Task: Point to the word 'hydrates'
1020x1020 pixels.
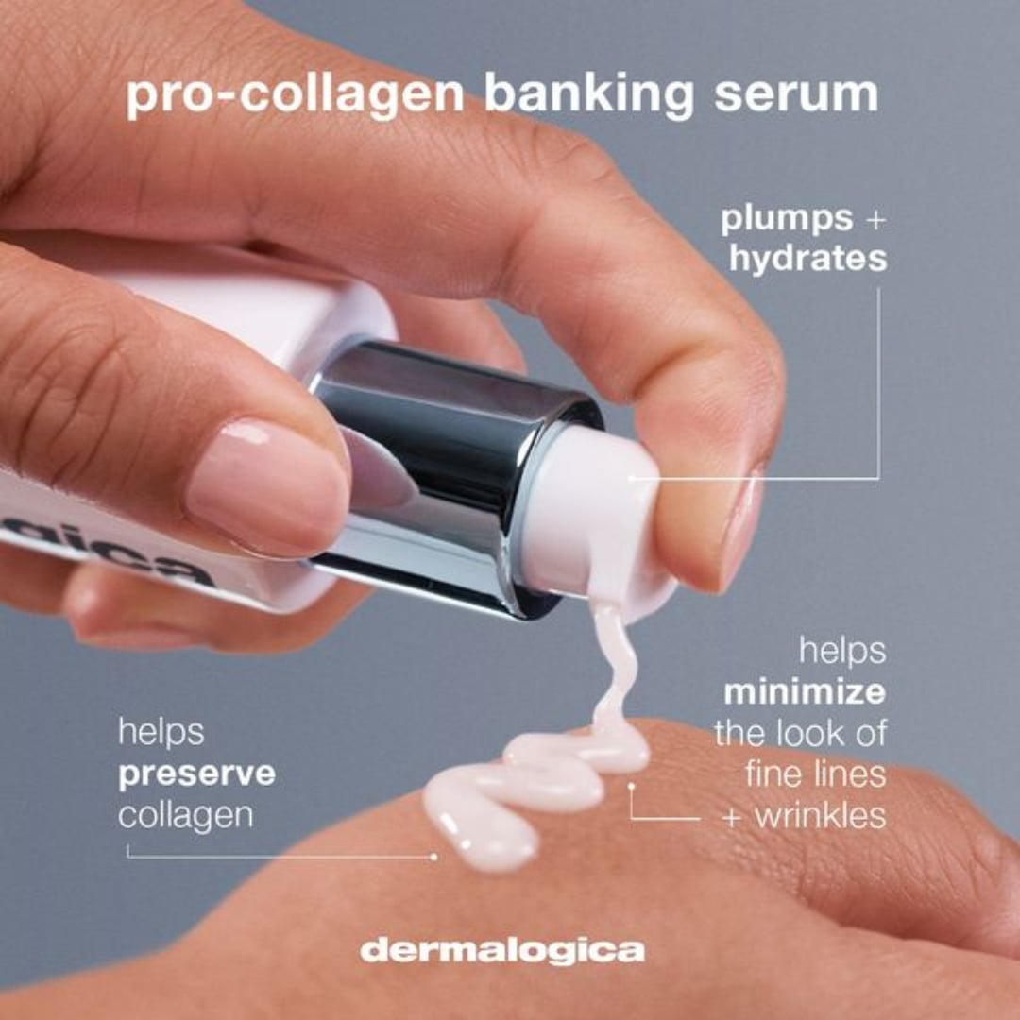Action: click(x=807, y=259)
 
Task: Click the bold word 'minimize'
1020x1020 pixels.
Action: click(x=805, y=692)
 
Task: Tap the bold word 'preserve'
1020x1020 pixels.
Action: click(x=196, y=774)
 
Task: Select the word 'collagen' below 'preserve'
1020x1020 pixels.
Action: click(x=185, y=815)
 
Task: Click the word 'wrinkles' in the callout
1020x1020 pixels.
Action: click(x=818, y=815)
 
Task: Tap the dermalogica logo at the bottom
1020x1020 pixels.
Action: click(x=501, y=949)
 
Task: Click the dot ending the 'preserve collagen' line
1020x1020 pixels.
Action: click(x=433, y=857)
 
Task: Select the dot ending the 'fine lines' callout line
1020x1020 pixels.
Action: click(x=631, y=783)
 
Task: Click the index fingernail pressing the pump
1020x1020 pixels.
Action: click(x=741, y=524)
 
